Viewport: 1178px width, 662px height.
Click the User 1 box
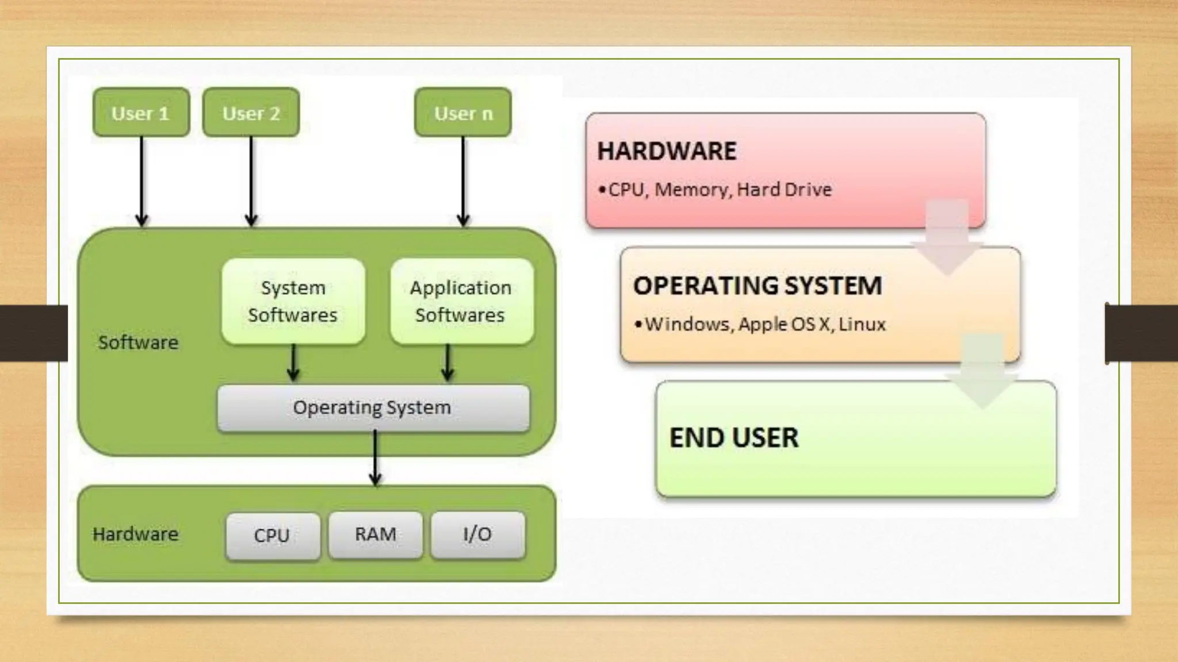(141, 113)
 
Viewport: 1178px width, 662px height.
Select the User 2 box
(251, 113)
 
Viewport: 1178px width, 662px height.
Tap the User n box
(463, 113)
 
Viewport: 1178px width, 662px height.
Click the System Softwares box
(293, 301)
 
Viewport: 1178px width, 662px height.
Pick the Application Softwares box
(461, 301)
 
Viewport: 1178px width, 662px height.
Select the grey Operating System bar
(373, 408)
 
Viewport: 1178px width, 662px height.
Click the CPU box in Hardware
(272, 536)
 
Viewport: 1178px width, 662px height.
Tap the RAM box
(375, 534)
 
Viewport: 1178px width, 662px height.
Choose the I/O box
(477, 534)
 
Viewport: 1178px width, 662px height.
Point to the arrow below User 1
(141, 181)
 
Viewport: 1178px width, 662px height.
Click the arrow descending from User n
(463, 181)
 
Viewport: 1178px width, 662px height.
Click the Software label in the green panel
(138, 342)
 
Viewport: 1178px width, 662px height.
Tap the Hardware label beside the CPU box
(135, 534)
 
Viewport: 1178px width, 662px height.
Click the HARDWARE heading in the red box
(667, 151)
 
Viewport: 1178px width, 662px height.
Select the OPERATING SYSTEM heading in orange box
(758, 286)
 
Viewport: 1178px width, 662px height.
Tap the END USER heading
(734, 438)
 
